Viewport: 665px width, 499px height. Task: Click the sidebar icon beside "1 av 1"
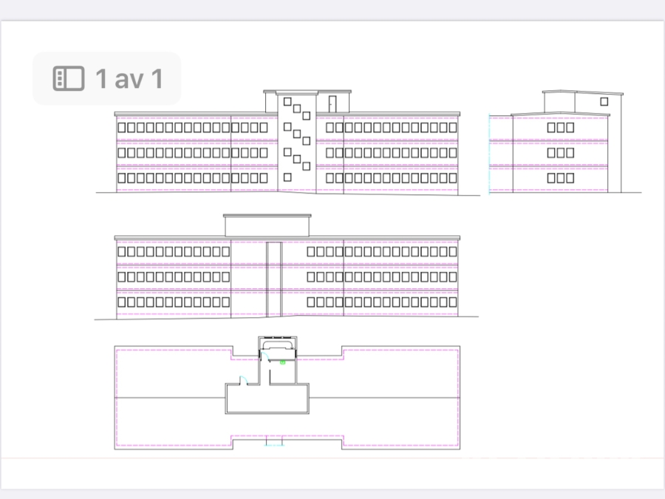(68, 78)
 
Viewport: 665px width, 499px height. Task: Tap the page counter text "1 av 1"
(129, 78)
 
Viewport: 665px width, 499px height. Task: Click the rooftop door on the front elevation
(332, 104)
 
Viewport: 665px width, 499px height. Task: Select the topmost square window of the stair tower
(287, 101)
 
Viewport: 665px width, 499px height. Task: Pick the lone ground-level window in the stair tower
(287, 177)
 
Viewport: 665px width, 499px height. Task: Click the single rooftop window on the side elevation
(604, 101)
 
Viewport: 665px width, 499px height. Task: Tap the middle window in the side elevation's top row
(561, 127)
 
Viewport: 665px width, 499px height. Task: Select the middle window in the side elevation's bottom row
(561, 177)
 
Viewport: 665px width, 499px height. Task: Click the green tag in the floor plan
(283, 362)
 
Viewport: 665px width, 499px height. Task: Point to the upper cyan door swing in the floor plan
(265, 356)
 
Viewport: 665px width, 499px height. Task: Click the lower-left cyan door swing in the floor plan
(243, 380)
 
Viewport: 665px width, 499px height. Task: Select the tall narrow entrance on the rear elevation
(274, 279)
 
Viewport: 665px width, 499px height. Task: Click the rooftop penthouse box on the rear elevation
(267, 225)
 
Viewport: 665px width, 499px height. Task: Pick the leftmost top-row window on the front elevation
(122, 127)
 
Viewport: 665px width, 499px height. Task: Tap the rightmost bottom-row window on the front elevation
(452, 177)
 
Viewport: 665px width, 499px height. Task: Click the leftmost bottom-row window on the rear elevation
(122, 302)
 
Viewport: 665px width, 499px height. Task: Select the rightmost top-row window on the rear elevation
(452, 251)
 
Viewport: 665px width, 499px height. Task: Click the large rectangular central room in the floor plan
(267, 398)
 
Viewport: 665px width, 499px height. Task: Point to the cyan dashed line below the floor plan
(274, 446)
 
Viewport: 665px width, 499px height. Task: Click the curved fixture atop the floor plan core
(277, 344)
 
